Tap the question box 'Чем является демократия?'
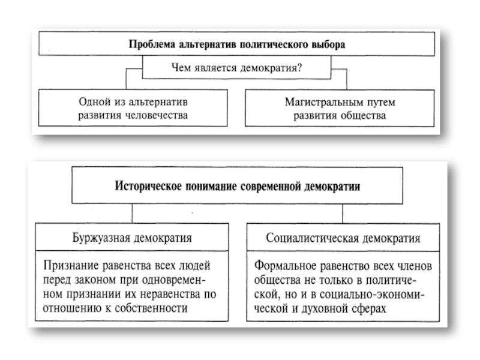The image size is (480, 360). [236, 68]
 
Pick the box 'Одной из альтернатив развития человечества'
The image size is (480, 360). [133, 109]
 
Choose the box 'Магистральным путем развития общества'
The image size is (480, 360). [340, 109]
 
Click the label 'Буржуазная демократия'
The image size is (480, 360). [133, 238]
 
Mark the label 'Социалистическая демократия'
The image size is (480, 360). [343, 238]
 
